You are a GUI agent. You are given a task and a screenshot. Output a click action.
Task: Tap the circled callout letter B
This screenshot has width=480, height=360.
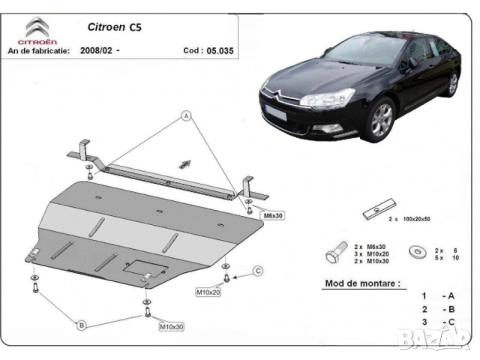[x=81, y=324]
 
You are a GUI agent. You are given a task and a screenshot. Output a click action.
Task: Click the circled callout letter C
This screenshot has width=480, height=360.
[x=257, y=271]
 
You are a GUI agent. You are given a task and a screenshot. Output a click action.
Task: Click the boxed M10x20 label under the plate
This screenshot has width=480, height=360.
[x=209, y=292]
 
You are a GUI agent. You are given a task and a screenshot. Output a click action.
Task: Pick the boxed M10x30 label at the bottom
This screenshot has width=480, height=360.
[x=172, y=327]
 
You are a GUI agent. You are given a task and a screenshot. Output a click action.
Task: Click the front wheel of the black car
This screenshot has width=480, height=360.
[x=382, y=119]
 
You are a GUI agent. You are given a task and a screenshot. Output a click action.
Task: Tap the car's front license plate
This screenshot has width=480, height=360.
[x=274, y=115]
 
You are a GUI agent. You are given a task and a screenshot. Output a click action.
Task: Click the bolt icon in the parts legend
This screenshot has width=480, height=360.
[x=334, y=253]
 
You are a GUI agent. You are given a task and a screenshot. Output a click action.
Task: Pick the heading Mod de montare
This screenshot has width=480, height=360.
[x=361, y=283]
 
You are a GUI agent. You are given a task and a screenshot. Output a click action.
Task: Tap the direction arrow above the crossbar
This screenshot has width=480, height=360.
[x=181, y=161]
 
